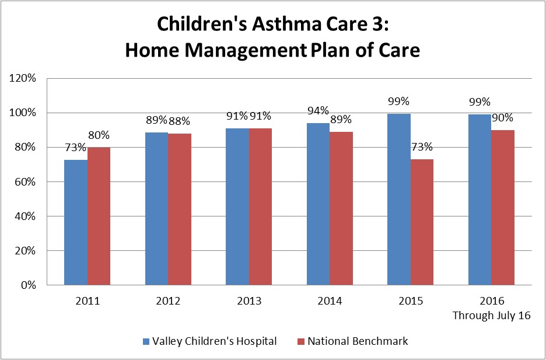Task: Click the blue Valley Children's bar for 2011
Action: click(x=76, y=222)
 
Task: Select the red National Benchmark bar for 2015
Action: click(x=422, y=222)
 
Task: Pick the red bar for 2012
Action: click(x=180, y=209)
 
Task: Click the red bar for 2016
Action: click(x=502, y=208)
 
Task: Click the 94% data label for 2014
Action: click(x=318, y=111)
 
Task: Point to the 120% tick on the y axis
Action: click(x=23, y=78)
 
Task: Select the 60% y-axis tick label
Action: click(x=26, y=182)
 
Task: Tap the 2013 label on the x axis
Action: click(x=249, y=302)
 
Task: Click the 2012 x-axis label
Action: click(x=168, y=302)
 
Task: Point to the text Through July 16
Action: click(x=491, y=316)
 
